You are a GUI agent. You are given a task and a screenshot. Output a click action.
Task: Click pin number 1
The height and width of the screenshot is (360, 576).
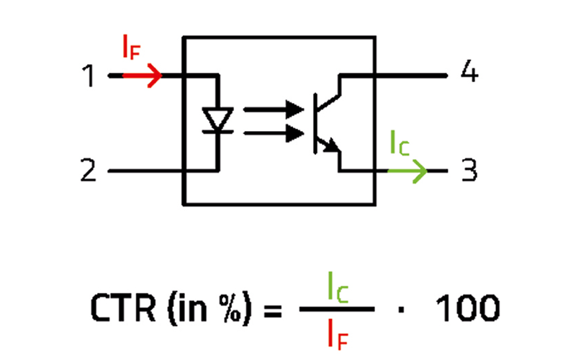pyautogui.click(x=89, y=76)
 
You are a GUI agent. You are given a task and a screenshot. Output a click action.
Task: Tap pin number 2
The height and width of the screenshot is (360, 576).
pyautogui.click(x=89, y=171)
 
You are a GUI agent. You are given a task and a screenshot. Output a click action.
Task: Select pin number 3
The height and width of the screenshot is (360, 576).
pyautogui.click(x=469, y=171)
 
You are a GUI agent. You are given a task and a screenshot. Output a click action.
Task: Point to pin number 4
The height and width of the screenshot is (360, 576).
pyautogui.click(x=469, y=74)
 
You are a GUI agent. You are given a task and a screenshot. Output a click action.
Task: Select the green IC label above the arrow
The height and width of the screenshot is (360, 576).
pyautogui.click(x=400, y=144)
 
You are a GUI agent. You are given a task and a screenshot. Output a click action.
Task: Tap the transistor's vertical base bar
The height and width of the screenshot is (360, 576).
pyautogui.click(x=317, y=122)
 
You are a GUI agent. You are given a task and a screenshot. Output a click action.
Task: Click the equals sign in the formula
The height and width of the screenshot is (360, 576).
pyautogui.click(x=271, y=310)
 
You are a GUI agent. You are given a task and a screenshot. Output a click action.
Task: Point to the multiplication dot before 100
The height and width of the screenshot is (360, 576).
pyautogui.click(x=400, y=310)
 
